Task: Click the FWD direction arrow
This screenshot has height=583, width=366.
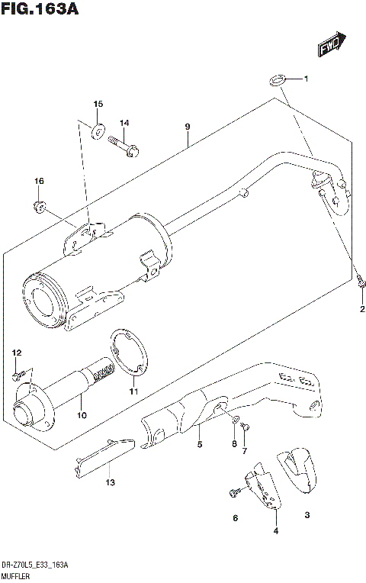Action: tap(332, 45)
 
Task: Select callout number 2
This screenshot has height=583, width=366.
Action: tap(363, 308)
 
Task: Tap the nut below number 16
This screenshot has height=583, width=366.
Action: tap(40, 205)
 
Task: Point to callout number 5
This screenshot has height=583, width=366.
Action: tap(199, 444)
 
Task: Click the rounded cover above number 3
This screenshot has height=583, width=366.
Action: tap(299, 469)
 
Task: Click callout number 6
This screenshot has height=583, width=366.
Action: tap(235, 518)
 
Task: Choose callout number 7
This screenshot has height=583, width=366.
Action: tap(245, 451)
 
